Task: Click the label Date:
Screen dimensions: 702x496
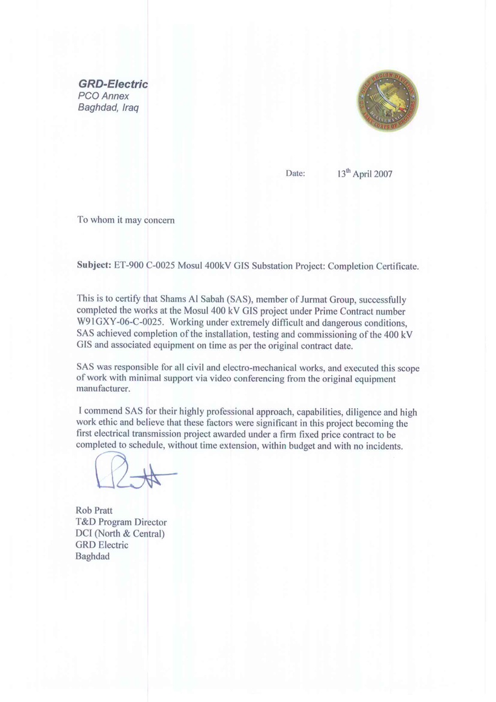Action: pos(295,175)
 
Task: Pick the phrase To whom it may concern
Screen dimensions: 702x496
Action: pos(126,221)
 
